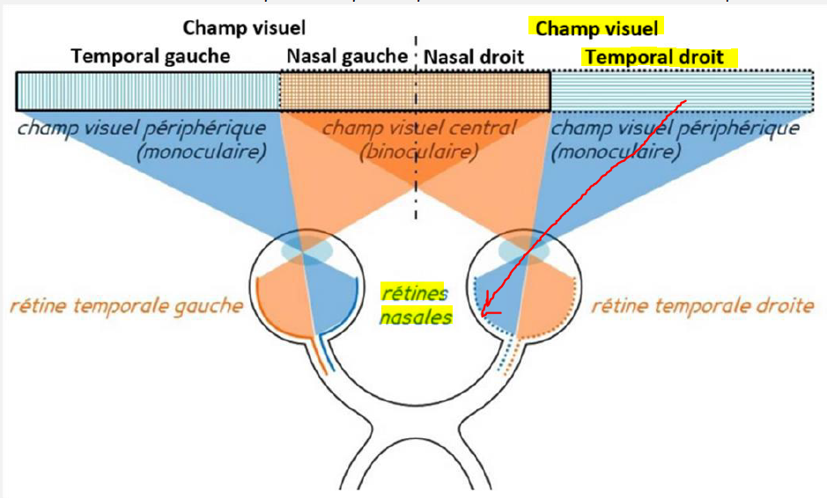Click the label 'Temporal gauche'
tap(150, 57)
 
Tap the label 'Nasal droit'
tap(474, 57)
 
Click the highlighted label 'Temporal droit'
tap(653, 57)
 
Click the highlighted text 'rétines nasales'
tap(414, 304)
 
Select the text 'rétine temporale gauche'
tap(126, 307)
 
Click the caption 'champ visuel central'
tap(418, 128)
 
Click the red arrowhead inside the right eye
tap(485, 311)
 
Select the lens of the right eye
tap(526, 250)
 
